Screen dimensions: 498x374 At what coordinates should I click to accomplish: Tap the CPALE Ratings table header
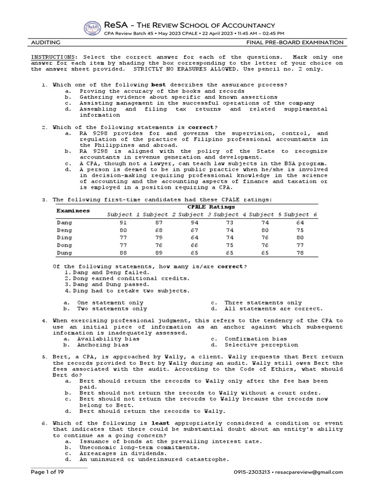pyautogui.click(x=211, y=207)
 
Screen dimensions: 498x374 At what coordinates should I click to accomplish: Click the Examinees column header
pyautogui.click(x=73, y=211)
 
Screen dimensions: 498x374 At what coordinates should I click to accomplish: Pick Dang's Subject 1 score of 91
pyautogui.click(x=123, y=222)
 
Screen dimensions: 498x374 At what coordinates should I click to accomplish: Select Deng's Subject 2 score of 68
pyautogui.click(x=158, y=230)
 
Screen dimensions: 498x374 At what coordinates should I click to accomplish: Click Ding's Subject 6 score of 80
pyautogui.click(x=300, y=238)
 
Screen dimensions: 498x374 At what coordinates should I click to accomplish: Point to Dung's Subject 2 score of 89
pyautogui.click(x=158, y=253)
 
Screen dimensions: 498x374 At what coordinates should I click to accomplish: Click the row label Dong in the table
pyautogui.click(x=64, y=246)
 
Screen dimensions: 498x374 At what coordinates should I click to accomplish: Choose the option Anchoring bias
pyautogui.click(x=103, y=345)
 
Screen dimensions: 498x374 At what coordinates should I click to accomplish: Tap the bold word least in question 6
pyautogui.click(x=159, y=423)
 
